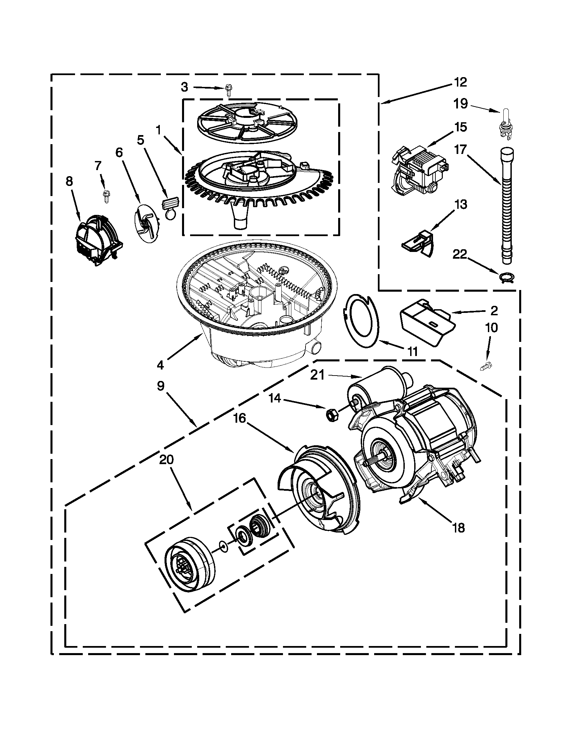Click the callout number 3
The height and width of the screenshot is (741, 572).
point(184,87)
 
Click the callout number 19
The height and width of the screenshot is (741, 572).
point(461,103)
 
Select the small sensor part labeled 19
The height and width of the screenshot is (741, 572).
point(505,125)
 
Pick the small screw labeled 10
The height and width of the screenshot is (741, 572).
point(487,365)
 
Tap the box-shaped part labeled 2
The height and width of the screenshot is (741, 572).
point(425,321)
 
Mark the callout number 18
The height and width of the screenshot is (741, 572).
point(459,528)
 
